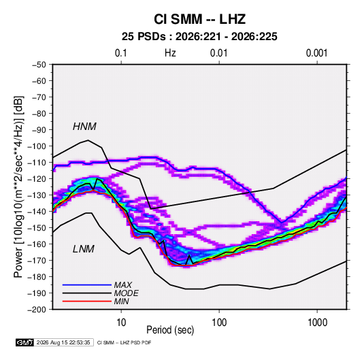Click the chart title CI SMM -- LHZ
[199, 19]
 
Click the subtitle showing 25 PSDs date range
[199, 37]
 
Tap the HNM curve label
[84, 127]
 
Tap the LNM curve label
[84, 249]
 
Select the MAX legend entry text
[123, 285]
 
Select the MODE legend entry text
[127, 293]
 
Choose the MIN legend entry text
[122, 301]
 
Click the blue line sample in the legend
[87, 285]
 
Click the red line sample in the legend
[87, 301]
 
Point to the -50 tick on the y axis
[39, 65]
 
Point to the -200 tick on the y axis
[37, 310]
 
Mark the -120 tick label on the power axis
[37, 179]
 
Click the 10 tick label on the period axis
[121, 323]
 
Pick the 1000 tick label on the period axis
[317, 323]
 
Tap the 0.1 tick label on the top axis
[121, 53]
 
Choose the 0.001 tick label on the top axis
[316, 53]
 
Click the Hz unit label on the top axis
[170, 53]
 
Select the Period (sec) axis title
[170, 330]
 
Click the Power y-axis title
[19, 186]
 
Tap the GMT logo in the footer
[25, 342]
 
